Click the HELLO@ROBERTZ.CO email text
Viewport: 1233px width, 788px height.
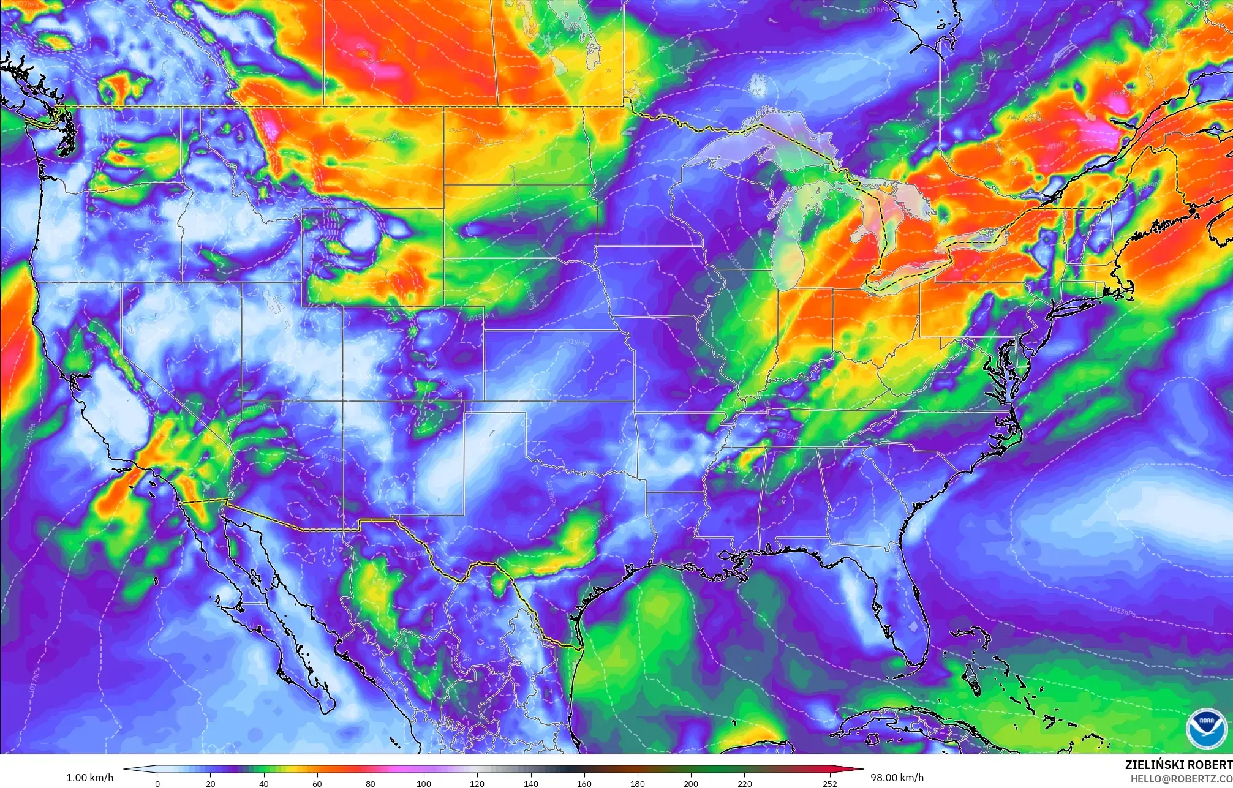(1182, 778)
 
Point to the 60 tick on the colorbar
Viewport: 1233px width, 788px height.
(317, 783)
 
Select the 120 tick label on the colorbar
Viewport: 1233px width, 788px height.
(477, 783)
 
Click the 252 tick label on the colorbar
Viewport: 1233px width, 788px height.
(829, 783)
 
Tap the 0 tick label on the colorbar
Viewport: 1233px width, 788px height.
(157, 783)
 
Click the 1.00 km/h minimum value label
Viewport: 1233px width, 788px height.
(89, 778)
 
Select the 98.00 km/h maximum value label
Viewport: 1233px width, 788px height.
(897, 778)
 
